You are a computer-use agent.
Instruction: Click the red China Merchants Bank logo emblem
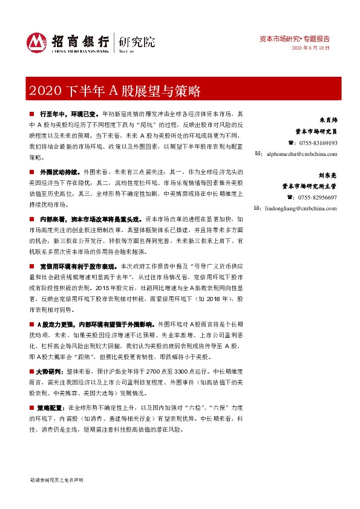click(36, 42)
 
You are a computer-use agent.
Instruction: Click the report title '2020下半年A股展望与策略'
click(113, 92)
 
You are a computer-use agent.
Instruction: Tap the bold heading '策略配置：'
click(53, 408)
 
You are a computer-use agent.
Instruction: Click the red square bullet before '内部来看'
click(32, 219)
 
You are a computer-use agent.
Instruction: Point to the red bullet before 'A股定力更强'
click(32, 324)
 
